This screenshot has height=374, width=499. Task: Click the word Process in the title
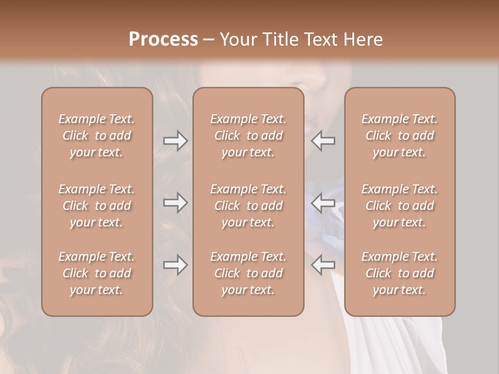[163, 39]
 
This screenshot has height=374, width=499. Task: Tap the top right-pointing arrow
[176, 141]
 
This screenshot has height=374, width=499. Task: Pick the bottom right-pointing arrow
[176, 265]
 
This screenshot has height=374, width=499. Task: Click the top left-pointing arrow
[323, 141]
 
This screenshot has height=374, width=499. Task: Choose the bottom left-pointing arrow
[323, 265]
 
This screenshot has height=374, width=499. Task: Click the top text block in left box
[97, 136]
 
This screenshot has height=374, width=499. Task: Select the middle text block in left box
[97, 206]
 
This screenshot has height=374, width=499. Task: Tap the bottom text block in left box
[97, 273]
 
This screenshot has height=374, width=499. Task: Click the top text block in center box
[248, 136]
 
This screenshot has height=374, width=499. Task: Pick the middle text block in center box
[248, 206]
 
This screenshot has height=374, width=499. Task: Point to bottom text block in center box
[248, 273]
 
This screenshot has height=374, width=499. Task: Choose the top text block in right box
[399, 136]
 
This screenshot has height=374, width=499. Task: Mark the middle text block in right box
[399, 206]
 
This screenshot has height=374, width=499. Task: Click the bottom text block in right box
[399, 273]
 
